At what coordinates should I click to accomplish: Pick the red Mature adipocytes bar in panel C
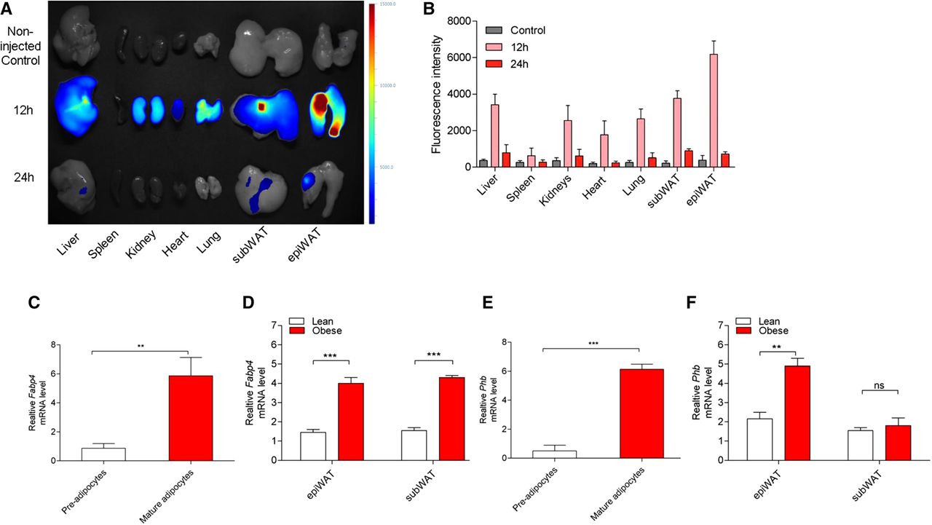tap(190, 418)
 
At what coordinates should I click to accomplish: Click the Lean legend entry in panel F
tap(757, 320)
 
